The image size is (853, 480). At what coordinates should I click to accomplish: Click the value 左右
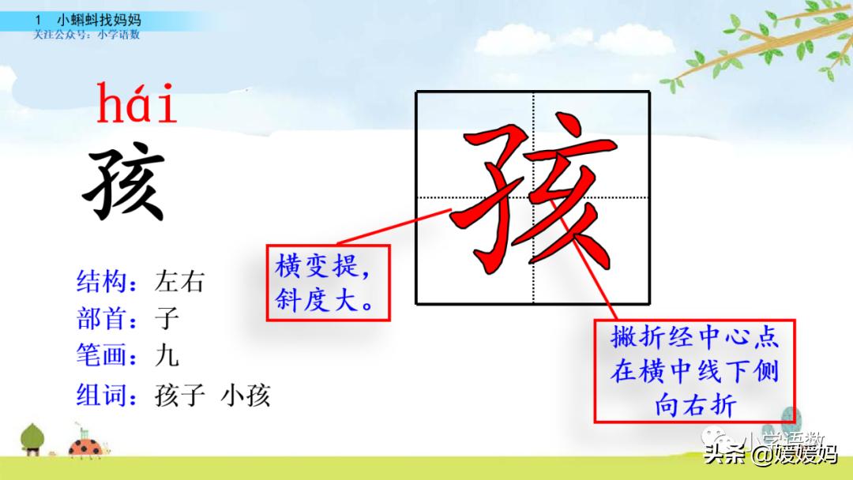[179, 281]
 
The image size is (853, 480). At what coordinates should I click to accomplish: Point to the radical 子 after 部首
[167, 318]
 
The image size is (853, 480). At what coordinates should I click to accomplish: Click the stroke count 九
[167, 355]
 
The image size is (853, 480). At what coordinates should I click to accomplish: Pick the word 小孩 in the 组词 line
[246, 394]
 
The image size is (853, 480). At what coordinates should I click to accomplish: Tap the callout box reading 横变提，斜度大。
[328, 283]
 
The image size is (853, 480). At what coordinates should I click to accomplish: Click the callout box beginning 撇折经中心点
[694, 370]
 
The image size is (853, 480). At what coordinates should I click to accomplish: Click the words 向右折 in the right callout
[695, 405]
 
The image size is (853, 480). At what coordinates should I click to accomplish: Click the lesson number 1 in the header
[38, 19]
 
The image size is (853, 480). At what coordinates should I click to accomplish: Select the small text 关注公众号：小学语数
[86, 35]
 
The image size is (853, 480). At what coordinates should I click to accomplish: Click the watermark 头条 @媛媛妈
[771, 455]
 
